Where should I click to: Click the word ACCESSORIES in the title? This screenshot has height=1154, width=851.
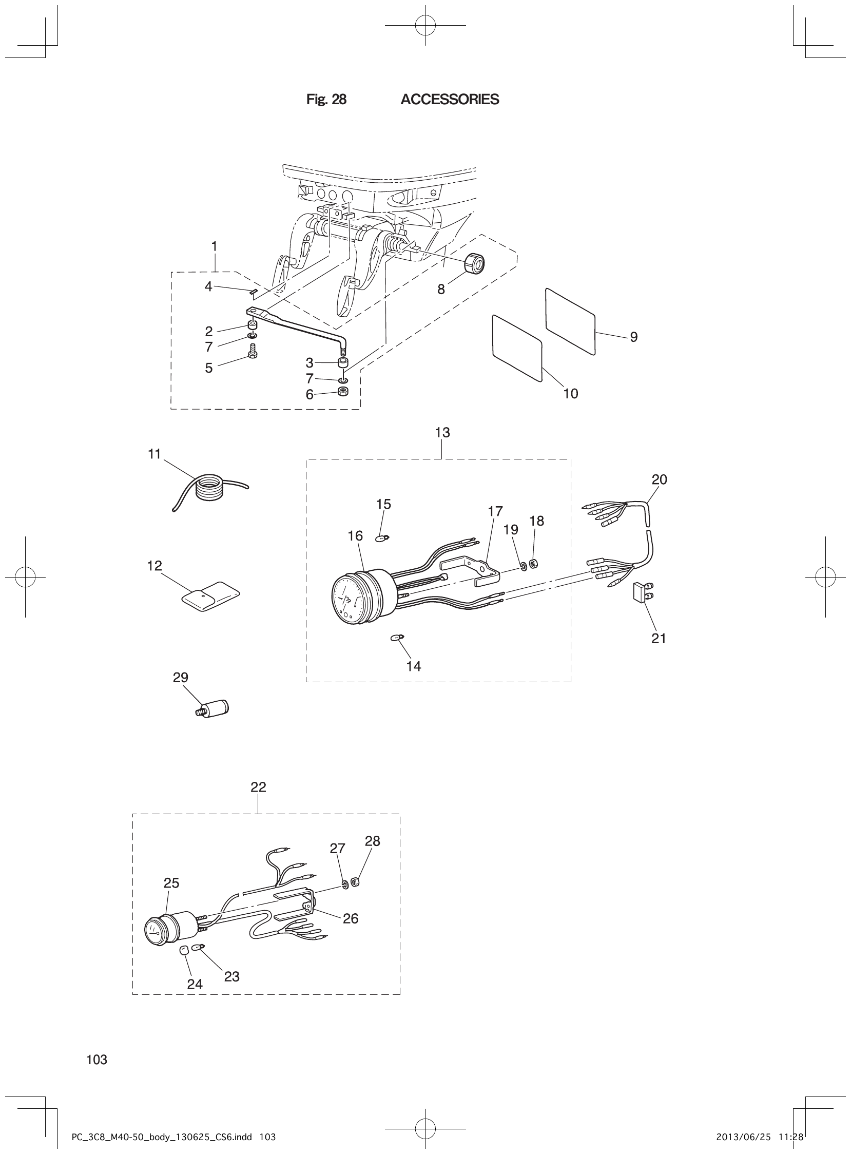click(449, 100)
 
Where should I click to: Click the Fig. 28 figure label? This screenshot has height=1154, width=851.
click(326, 100)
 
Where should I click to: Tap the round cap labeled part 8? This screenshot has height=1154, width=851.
click(474, 264)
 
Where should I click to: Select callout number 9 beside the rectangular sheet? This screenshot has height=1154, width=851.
click(633, 337)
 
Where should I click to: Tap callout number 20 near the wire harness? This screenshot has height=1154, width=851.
click(659, 479)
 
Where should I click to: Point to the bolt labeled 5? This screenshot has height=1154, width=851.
click(253, 353)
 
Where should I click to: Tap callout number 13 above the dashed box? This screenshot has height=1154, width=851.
click(442, 433)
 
